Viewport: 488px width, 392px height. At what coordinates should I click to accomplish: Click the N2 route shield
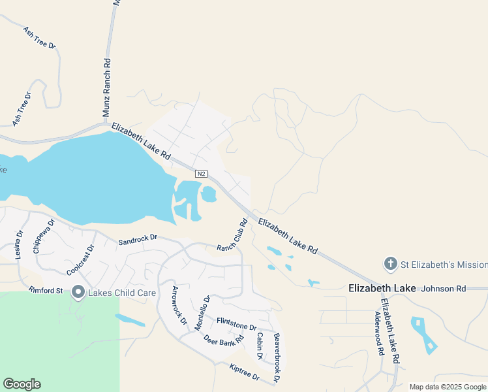202,174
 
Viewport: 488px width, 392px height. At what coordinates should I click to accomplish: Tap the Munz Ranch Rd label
106,87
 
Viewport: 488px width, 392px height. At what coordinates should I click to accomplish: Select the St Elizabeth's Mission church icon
390,264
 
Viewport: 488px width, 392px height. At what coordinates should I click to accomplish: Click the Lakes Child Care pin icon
78,292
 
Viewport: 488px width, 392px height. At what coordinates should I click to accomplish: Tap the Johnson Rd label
444,288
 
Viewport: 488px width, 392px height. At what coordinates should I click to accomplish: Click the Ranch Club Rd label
233,235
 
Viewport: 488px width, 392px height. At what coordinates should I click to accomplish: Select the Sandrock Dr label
138,240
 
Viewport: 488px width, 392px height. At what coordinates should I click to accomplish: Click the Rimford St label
46,290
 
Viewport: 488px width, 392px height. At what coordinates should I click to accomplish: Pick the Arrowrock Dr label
179,306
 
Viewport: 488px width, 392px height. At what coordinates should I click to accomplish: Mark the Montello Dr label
203,313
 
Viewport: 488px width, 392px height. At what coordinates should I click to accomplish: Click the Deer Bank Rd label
223,340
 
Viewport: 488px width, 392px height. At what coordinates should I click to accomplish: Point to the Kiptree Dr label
245,373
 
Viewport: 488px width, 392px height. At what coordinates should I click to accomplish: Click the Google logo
22,384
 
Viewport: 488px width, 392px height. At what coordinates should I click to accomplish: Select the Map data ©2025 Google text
448,387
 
